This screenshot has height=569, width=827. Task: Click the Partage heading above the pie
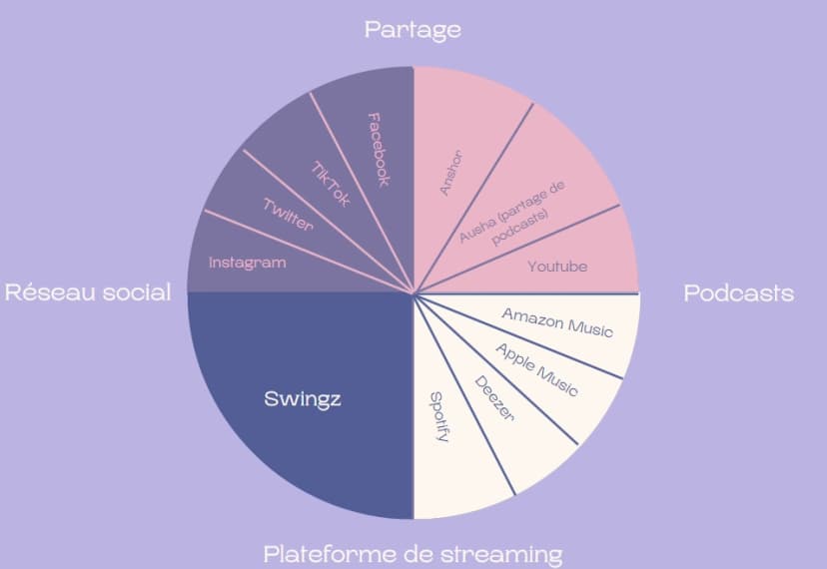tap(413, 29)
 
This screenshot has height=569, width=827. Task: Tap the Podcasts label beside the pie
tap(738, 292)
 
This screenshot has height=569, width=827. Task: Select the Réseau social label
tap(88, 292)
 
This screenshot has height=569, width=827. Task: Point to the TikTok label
tap(331, 184)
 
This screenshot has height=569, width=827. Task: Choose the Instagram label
tap(247, 263)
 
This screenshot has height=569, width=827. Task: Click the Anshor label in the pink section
tap(452, 171)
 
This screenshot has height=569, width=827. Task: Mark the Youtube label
tap(557, 267)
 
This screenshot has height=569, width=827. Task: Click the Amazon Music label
tap(557, 321)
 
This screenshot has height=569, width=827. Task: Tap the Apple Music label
tap(536, 368)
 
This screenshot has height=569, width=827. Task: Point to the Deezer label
tap(493, 398)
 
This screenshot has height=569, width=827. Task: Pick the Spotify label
tap(437, 417)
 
